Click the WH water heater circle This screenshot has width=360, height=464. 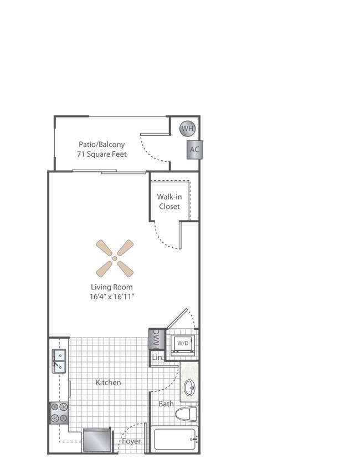[x=187, y=129]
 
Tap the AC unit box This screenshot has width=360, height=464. [x=194, y=150]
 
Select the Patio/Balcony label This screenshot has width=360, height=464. [x=102, y=145]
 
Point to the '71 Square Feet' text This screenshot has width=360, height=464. [x=102, y=154]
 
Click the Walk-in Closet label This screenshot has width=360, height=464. [x=169, y=202]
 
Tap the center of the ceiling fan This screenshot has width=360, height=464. [x=115, y=258]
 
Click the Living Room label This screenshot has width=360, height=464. [x=112, y=287]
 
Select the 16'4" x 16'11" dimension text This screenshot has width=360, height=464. [x=112, y=297]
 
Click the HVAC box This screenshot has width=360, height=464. [x=156, y=339]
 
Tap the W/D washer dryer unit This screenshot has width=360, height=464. [x=183, y=344]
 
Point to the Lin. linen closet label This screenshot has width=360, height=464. [x=157, y=358]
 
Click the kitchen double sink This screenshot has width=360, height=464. [x=59, y=361]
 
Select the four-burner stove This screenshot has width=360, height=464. [x=59, y=413]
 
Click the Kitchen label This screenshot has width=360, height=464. [x=108, y=383]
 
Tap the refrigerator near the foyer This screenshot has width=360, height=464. [x=97, y=440]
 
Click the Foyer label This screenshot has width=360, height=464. [x=131, y=441]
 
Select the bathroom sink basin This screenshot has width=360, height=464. [x=189, y=387]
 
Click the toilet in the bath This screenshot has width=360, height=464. [x=186, y=414]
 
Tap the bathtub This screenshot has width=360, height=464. [x=174, y=439]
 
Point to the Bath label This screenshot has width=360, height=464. [x=166, y=404]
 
